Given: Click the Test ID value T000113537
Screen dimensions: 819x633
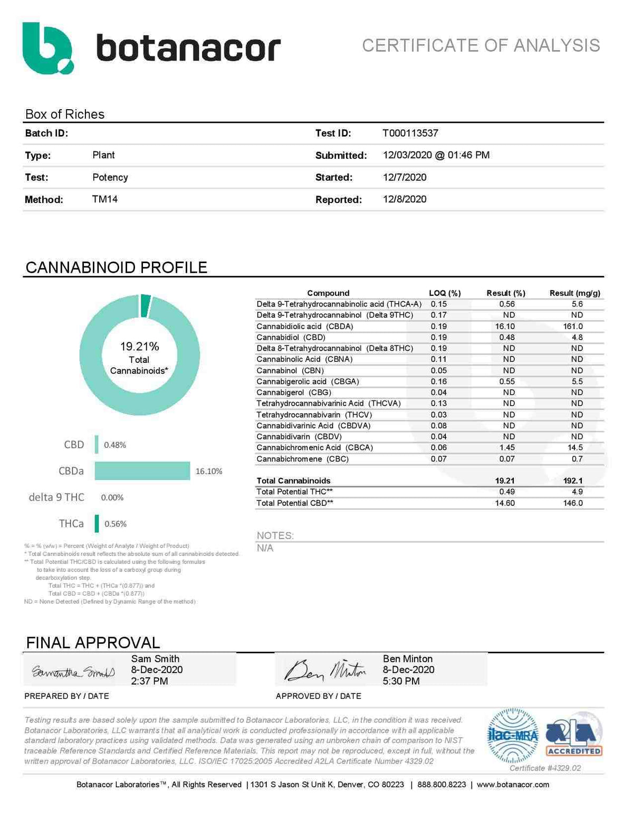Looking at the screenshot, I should point(410,133).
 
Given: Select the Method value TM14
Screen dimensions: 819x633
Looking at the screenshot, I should point(105,199).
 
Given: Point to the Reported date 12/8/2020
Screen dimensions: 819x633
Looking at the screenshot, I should point(405,199).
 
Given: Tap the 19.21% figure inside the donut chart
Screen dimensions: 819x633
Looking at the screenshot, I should point(139,346).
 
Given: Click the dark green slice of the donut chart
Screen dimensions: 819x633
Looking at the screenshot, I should point(146,306).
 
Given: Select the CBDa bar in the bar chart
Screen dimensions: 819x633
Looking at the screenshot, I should point(142,471).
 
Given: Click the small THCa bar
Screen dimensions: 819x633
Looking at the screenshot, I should point(97,524).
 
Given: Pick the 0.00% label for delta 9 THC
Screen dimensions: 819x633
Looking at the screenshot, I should point(112,497).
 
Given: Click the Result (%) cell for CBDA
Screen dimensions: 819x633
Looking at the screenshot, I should point(505,326).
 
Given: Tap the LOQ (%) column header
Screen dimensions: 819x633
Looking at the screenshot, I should point(445,293).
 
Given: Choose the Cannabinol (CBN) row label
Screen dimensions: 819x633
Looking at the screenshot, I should point(290,371).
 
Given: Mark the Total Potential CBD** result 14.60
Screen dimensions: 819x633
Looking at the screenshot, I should point(505,503).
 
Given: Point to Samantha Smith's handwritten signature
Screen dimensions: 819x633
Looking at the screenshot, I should point(73,672).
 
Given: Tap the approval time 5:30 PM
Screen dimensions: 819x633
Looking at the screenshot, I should point(401,681).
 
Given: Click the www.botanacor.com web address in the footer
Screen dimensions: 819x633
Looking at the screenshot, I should point(513,785).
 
